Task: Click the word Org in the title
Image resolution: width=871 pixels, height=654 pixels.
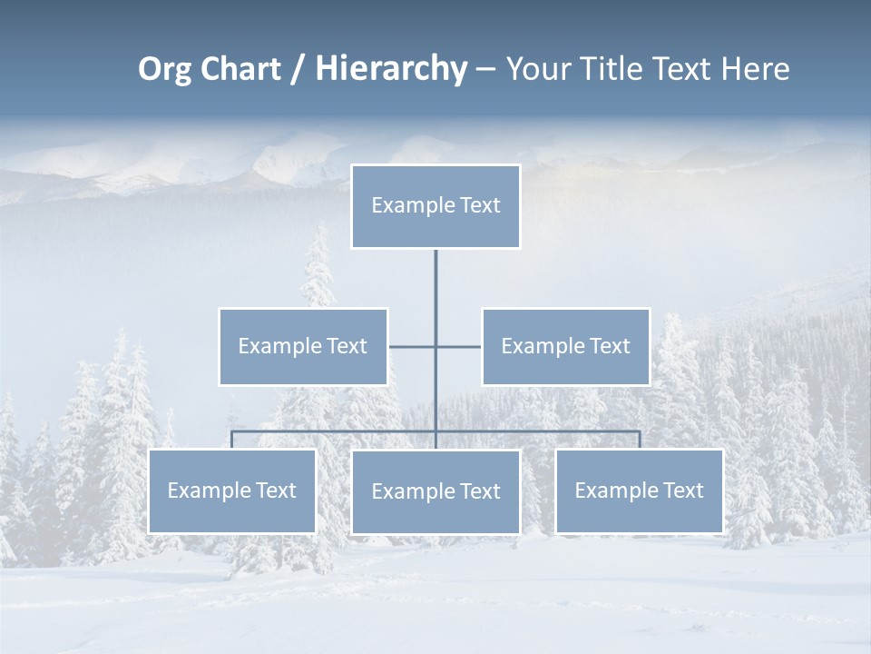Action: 165,69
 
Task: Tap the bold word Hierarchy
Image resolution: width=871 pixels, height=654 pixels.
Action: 391,69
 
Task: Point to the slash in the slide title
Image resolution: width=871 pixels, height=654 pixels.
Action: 297,69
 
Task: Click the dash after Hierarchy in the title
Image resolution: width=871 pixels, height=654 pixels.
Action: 485,69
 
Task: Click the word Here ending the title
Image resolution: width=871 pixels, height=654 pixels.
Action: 755,69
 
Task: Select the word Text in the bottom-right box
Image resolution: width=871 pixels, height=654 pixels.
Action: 682,490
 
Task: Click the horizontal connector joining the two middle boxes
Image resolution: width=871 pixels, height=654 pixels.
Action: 414,346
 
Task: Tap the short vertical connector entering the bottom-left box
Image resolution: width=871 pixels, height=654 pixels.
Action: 232,440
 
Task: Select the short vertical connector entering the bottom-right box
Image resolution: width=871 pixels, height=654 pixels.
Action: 640,440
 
